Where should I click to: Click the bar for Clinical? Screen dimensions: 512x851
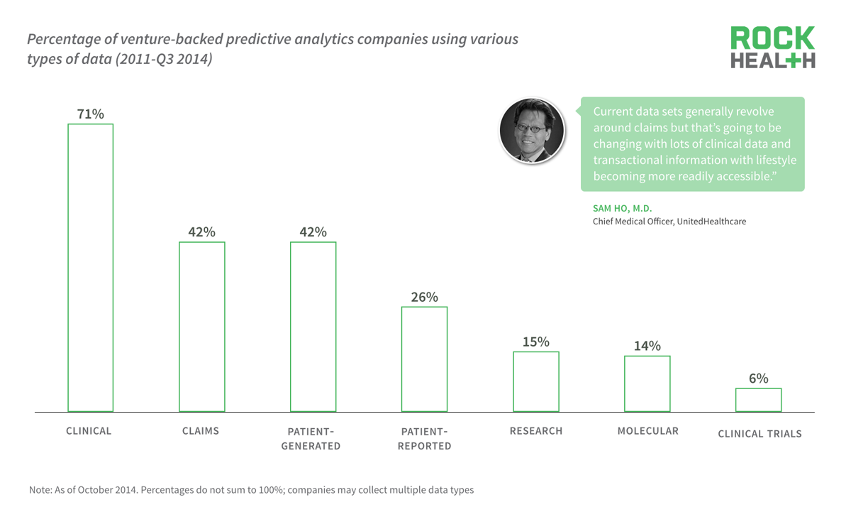tap(90, 268)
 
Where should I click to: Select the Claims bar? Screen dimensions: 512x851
tap(201, 327)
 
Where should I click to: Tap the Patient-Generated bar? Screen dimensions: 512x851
tap(313, 327)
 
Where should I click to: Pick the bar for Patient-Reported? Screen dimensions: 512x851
tap(424, 359)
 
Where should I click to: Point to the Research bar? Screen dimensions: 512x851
tap(535, 381)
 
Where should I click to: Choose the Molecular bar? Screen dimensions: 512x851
tap(647, 383)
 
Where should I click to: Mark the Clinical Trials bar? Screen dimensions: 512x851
tap(758, 400)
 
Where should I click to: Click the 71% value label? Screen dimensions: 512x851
tap(90, 114)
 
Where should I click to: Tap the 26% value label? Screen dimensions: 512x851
tap(424, 297)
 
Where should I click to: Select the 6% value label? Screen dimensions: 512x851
tap(758, 378)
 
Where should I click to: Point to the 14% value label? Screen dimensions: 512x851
tap(647, 346)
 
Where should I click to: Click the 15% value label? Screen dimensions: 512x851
tap(535, 342)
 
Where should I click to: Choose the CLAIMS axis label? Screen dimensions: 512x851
tap(201, 430)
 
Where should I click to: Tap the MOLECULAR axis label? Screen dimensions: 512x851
tap(647, 431)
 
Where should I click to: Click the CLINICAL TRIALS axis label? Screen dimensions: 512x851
tap(760, 434)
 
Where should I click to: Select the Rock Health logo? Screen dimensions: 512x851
tap(772, 48)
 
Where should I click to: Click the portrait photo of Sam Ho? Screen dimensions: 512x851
tap(532, 131)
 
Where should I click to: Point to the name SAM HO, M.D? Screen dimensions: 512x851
tap(622, 209)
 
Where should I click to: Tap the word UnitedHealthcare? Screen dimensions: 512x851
tap(711, 222)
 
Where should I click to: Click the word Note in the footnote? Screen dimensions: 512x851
tap(40, 490)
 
